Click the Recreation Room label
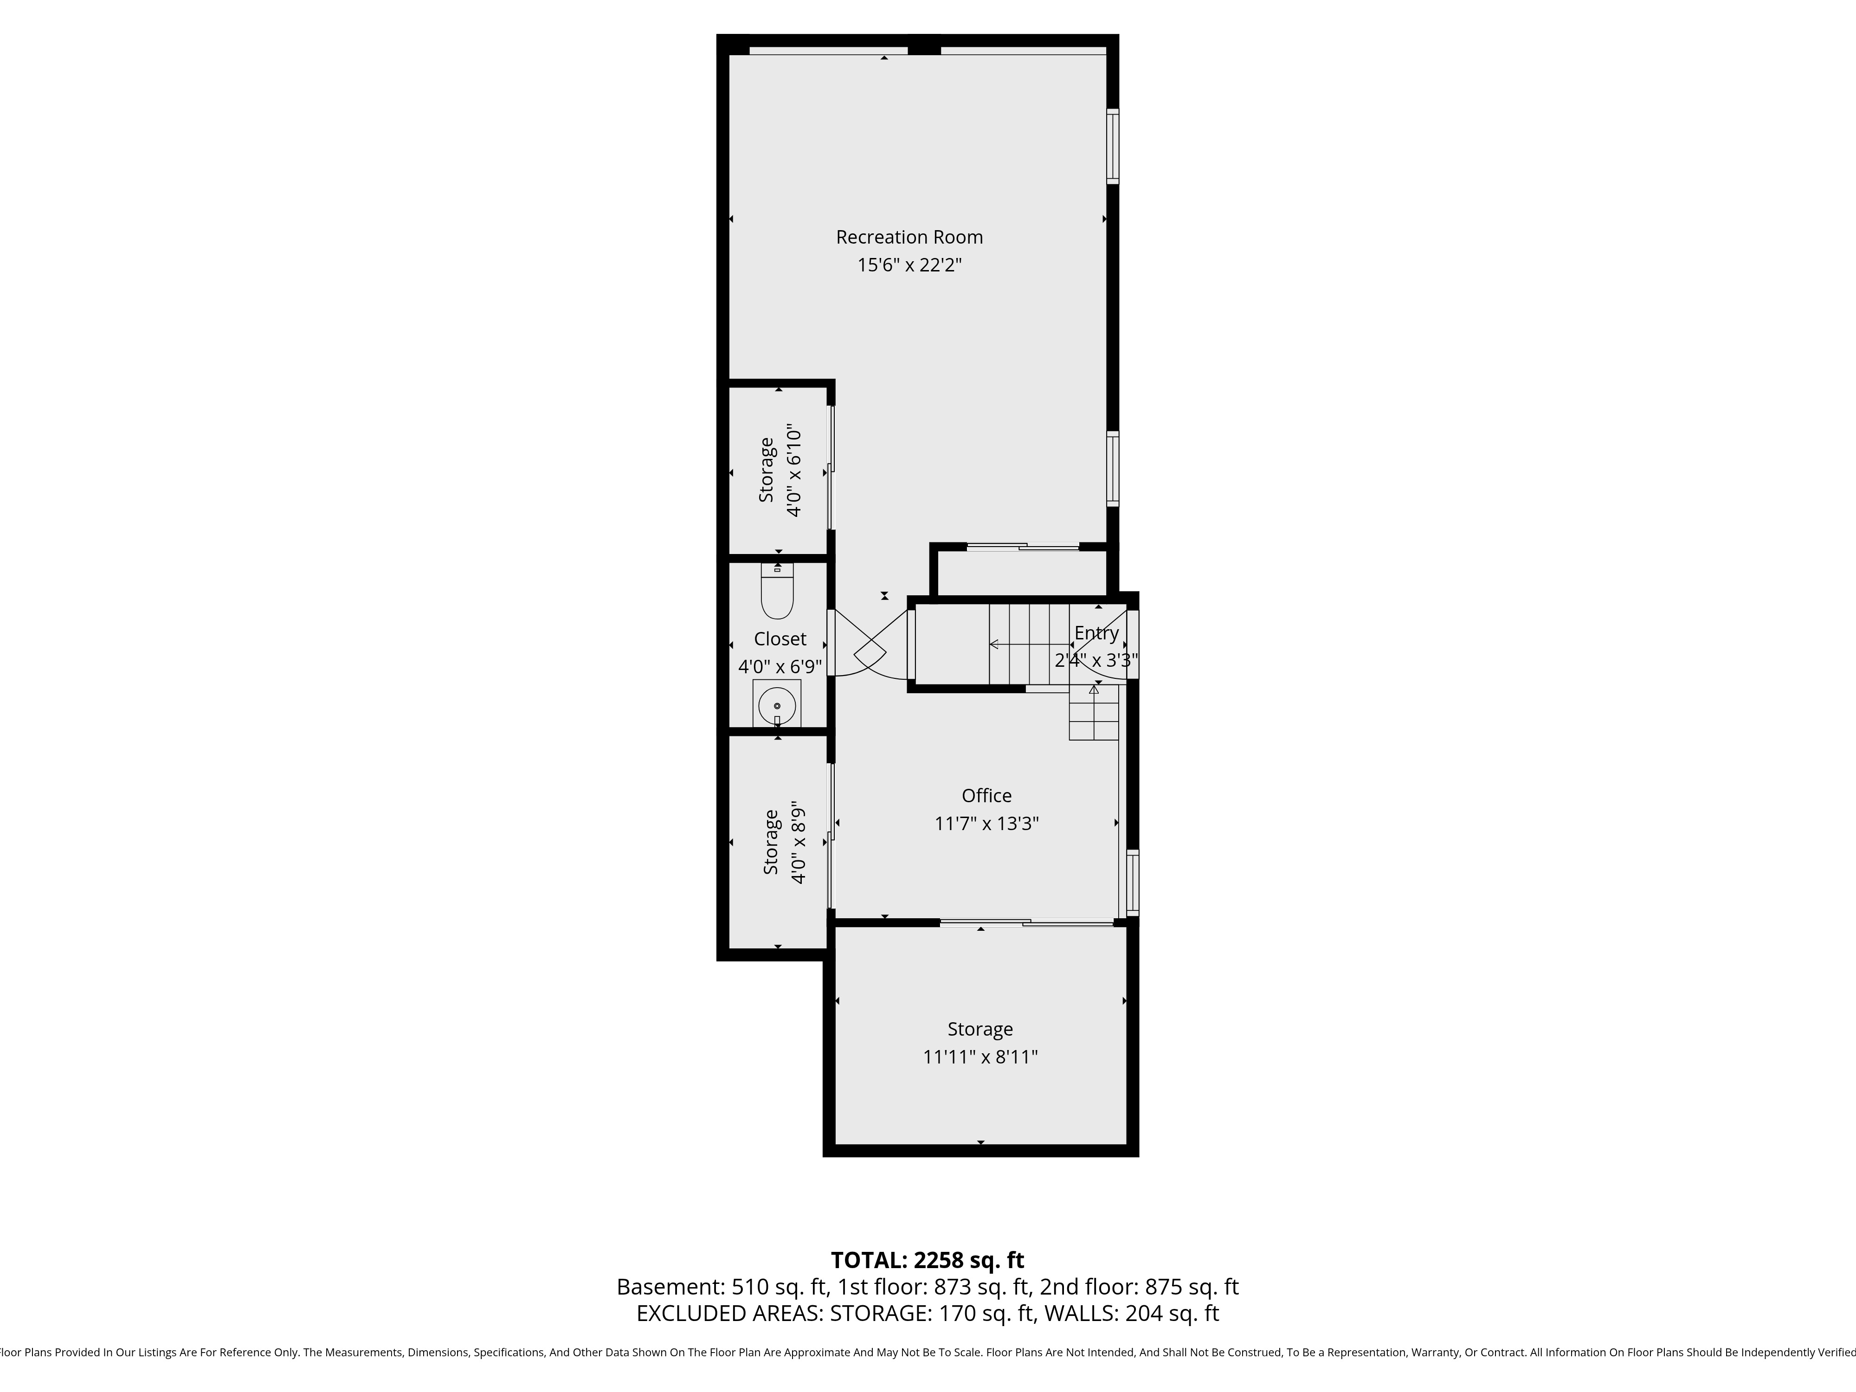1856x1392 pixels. [x=909, y=238]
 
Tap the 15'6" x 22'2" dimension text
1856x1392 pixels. [x=909, y=265]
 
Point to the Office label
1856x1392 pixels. [x=987, y=795]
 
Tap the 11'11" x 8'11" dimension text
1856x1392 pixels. [x=980, y=1057]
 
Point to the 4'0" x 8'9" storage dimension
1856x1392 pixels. [x=798, y=843]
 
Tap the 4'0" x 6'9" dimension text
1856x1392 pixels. [x=780, y=667]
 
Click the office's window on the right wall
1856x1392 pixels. [x=1132, y=881]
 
